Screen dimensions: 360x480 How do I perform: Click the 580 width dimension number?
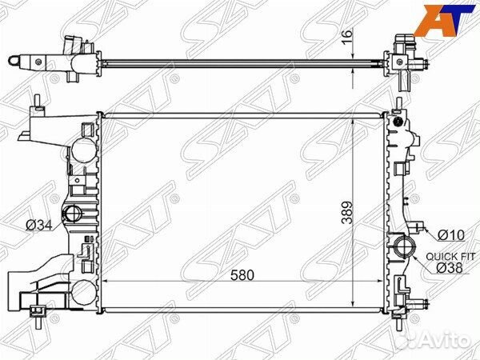point(242,274)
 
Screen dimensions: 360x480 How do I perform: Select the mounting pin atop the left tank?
point(38,102)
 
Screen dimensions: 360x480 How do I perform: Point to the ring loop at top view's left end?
point(14,60)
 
